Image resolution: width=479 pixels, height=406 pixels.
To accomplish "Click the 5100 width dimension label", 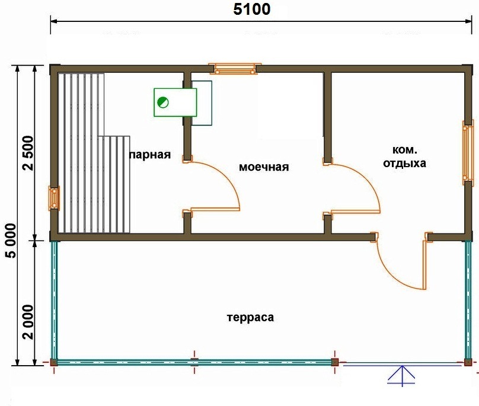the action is pos(252,9).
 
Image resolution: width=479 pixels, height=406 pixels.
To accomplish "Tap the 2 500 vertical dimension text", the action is pos(28,153).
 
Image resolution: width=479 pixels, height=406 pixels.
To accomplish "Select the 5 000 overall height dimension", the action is pos(11,241).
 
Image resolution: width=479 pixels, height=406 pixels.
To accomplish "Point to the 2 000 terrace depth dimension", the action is pos(28,322).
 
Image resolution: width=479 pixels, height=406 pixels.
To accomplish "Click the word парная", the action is pos(150,155).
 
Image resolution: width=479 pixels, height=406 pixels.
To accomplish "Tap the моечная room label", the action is pos(264,167).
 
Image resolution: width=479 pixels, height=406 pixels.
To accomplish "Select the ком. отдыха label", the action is pos(404,156).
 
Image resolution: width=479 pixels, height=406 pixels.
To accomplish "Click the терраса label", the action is pos(251,318).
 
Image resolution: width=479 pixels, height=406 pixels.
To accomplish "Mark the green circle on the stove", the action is pos(162,102).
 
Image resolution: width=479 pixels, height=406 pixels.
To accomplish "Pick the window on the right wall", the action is pos(468,153).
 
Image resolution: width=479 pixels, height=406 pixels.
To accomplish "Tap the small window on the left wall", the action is pos(54,199).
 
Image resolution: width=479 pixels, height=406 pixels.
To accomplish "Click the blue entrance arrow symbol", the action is pos(402,375).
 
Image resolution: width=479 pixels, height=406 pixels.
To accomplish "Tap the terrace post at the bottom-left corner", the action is pos(54,362).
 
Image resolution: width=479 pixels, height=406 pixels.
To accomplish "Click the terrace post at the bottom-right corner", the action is pos(468,362).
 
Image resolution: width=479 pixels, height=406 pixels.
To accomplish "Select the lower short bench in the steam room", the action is pos(114,184).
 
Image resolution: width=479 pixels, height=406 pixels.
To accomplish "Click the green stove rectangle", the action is pos(175,103).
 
